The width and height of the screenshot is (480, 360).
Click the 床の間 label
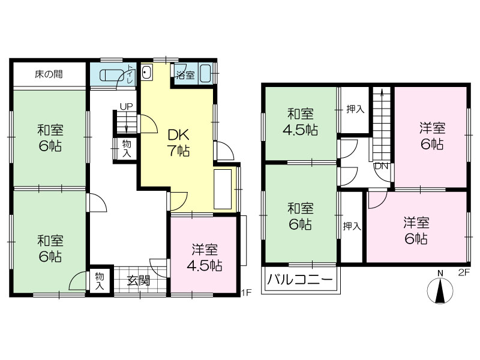[49, 74]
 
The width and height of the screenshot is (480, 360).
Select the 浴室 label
[185, 75]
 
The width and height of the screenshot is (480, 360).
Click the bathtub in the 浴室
[205, 73]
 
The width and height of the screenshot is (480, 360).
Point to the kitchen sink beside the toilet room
[146, 73]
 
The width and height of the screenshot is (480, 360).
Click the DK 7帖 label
[178, 143]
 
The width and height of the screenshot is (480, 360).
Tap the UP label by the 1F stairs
[126, 107]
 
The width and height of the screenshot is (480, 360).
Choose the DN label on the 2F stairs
[381, 166]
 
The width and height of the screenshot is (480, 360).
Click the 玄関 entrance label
[139, 280]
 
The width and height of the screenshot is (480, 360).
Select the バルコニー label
[299, 280]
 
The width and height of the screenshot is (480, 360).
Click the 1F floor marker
[246, 292]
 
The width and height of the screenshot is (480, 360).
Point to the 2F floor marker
[464, 272]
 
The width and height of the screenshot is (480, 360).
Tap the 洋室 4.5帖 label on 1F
[205, 258]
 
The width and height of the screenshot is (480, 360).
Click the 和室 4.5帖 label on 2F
[300, 122]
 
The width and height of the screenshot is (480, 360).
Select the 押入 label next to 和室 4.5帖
[355, 109]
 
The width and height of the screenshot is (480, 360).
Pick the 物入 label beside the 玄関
[100, 281]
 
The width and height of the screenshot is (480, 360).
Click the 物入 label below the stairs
[127, 148]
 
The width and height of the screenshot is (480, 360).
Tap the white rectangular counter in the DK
[223, 189]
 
